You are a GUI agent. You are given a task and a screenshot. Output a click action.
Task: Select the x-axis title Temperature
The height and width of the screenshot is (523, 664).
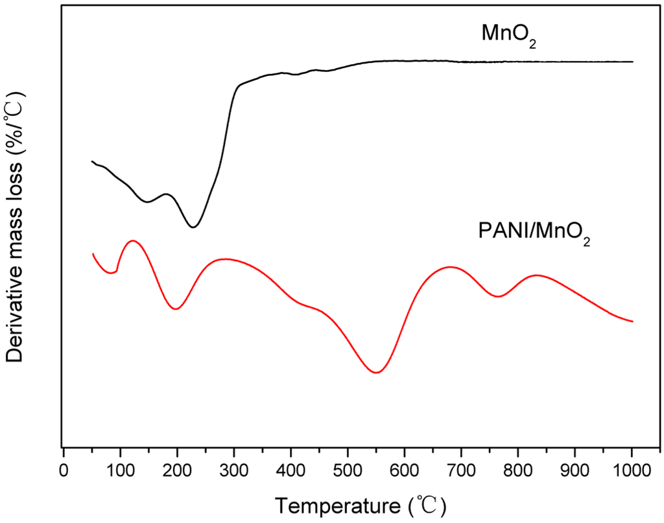[x=360, y=503]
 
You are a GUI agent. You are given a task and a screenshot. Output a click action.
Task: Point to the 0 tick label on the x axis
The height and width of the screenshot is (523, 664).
[x=63, y=469]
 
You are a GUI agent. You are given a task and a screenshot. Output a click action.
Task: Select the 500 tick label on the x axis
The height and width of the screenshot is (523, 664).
[x=348, y=469]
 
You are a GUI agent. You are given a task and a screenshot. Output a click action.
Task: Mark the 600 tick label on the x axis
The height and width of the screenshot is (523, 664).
[x=405, y=469]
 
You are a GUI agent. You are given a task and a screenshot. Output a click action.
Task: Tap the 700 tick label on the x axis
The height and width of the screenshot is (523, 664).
[x=462, y=469]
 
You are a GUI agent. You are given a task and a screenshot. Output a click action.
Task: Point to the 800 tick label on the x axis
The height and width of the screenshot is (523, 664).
[x=519, y=469]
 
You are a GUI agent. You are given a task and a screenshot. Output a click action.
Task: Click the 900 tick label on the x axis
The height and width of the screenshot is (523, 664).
[x=575, y=469]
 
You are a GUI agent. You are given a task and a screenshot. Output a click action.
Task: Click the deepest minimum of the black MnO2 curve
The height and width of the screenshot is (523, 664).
[x=193, y=227]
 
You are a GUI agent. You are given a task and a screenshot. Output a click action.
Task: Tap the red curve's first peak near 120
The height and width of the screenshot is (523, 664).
[x=133, y=240]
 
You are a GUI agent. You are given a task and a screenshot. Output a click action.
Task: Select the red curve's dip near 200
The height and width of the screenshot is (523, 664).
[x=175, y=309]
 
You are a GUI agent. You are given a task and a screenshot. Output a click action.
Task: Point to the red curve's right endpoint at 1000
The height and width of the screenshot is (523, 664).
[x=632, y=321]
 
